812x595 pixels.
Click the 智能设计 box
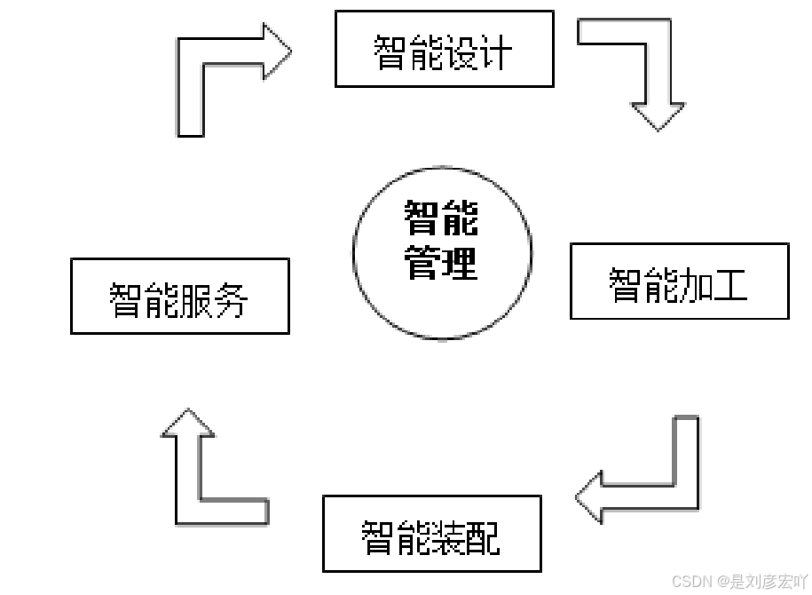(444, 49)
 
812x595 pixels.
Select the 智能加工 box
(679, 282)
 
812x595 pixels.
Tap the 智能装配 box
(431, 534)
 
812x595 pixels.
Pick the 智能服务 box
(180, 297)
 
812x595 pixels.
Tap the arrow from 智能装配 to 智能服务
(204, 480)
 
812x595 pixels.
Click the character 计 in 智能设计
(497, 52)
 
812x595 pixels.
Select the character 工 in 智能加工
(731, 284)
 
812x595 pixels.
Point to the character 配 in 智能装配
(484, 536)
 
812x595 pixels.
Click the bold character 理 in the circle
(460, 264)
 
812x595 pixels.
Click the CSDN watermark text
(739, 582)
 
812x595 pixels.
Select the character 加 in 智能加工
(697, 284)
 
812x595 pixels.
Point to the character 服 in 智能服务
(197, 300)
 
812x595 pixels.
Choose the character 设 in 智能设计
(461, 52)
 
